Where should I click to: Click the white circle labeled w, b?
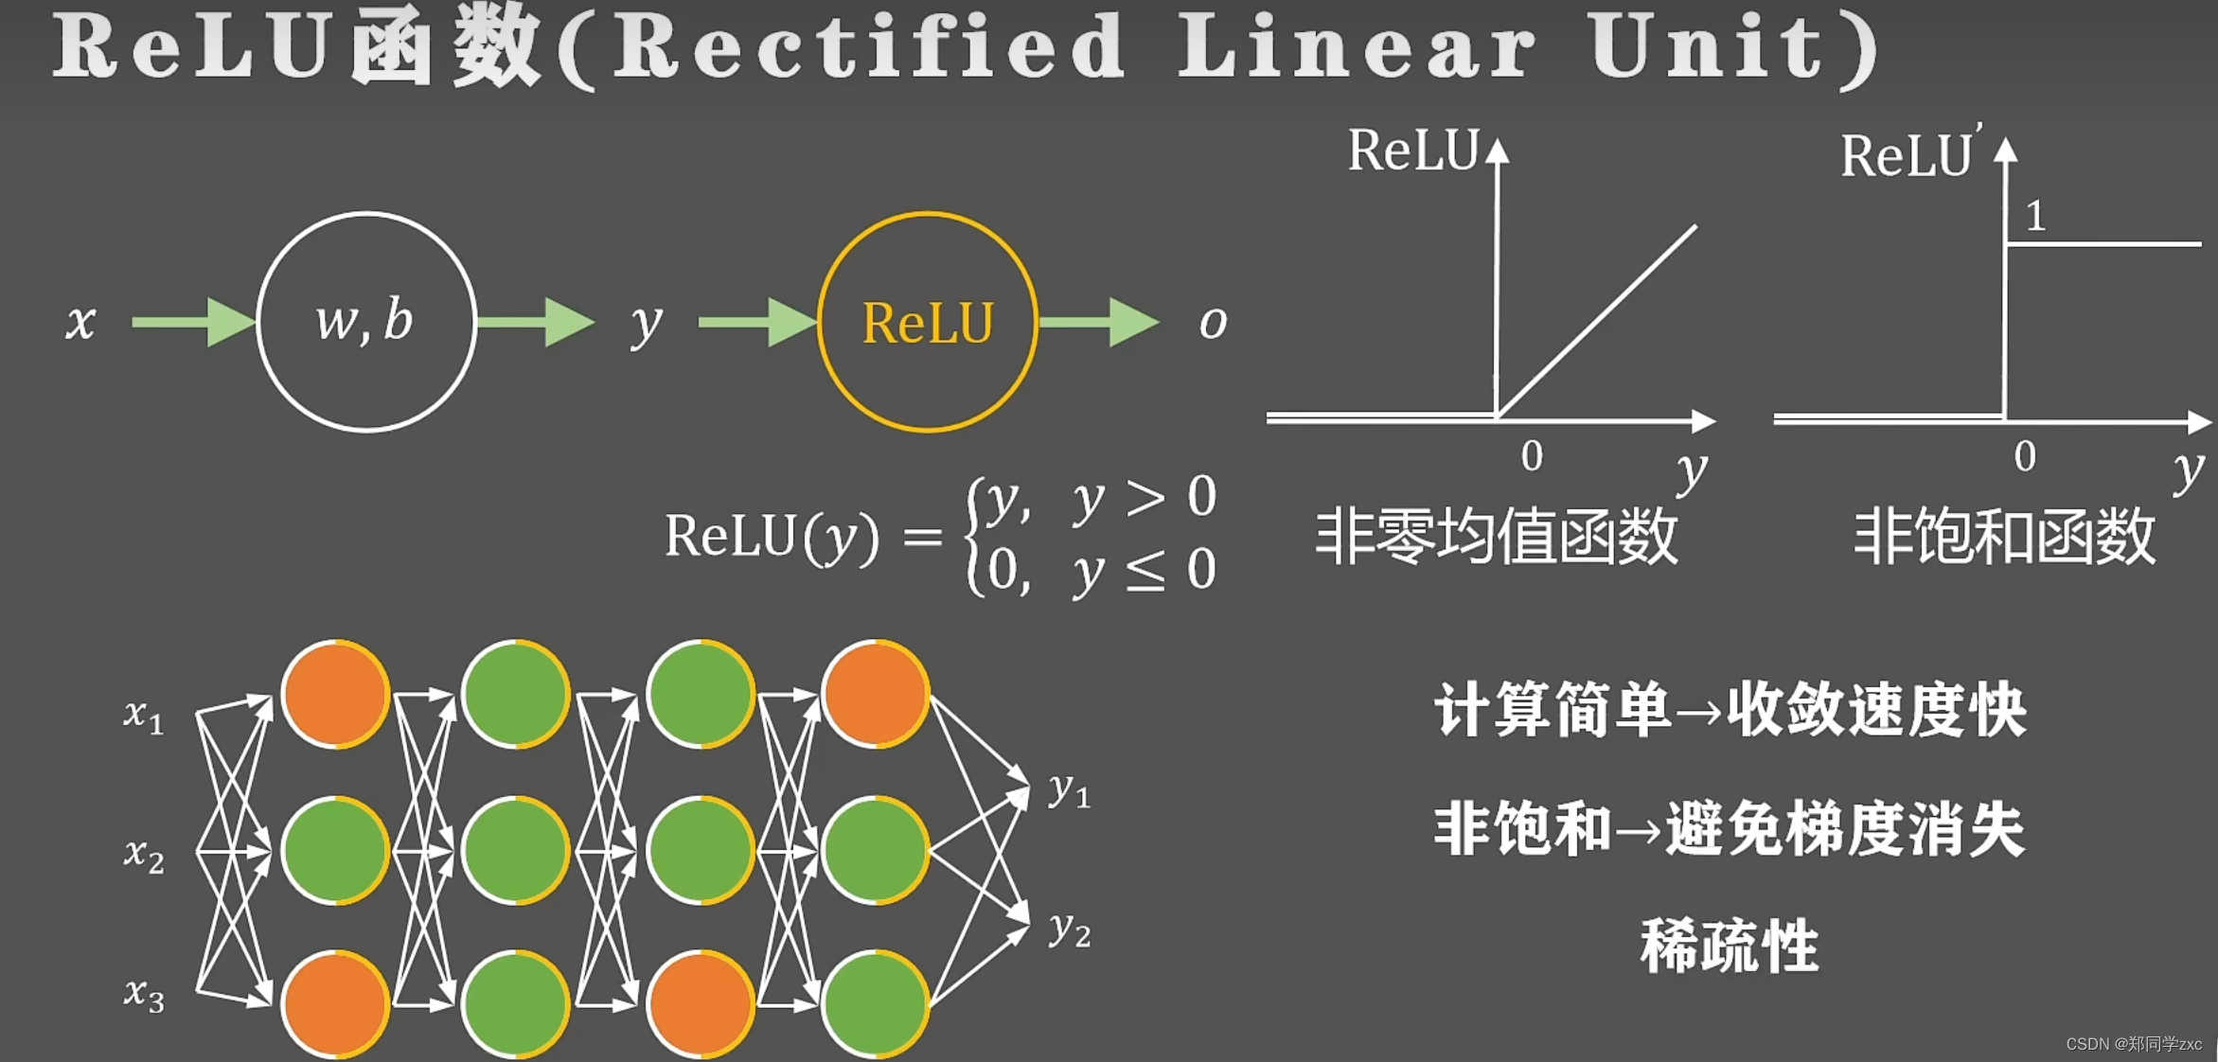tap(365, 322)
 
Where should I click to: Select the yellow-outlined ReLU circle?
tap(927, 322)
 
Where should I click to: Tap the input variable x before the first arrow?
tap(80, 323)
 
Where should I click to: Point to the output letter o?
tap(1213, 324)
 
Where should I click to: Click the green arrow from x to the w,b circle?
tap(193, 323)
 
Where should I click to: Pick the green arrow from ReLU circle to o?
tap(1098, 323)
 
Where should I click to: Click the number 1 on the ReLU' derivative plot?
tap(2035, 217)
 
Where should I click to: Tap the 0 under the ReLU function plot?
tap(1532, 456)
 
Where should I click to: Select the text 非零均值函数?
tap(1497, 537)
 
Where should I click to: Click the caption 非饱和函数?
tap(2004, 537)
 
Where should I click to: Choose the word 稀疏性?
tap(1729, 946)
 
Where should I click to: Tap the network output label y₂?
tap(1070, 929)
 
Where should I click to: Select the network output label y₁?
tap(1070, 790)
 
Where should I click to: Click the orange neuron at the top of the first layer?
tap(335, 694)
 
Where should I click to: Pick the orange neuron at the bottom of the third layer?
tap(701, 1003)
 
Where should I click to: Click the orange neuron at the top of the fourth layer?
tap(876, 694)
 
